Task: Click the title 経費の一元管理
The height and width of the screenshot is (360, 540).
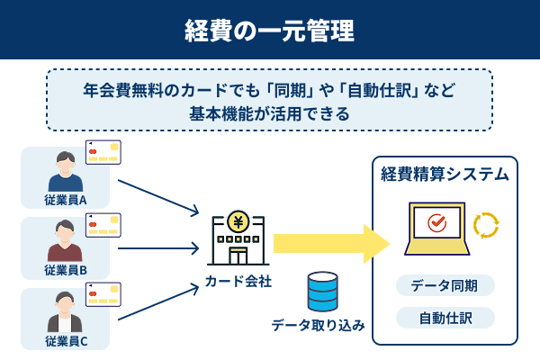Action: click(x=270, y=29)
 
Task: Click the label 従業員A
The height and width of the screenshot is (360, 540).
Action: click(x=65, y=200)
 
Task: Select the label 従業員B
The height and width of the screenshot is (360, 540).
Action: click(x=65, y=270)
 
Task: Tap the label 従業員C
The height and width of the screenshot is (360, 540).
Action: click(x=65, y=340)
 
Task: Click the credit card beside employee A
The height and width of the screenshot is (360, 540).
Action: click(x=103, y=153)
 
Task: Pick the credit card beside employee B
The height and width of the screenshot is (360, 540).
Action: click(x=103, y=224)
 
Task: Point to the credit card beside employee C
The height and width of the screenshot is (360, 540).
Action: click(x=103, y=294)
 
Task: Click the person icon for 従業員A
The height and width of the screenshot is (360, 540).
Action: click(x=65, y=171)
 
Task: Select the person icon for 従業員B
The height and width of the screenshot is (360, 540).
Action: click(x=65, y=241)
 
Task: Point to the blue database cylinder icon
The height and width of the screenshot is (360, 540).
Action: click(x=320, y=292)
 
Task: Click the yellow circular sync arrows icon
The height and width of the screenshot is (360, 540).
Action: click(x=486, y=225)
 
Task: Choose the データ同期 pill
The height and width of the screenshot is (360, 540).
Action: click(x=445, y=285)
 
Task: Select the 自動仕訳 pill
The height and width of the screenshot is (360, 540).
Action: click(x=445, y=317)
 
